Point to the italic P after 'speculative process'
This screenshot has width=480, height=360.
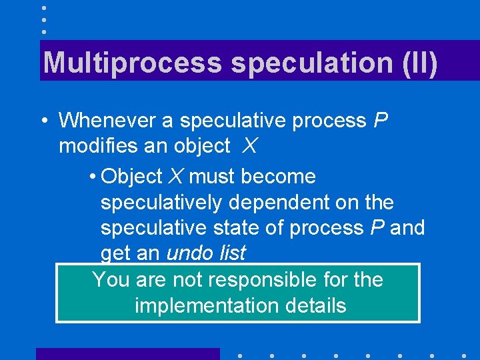(381, 121)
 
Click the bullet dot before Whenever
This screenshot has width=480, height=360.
(42, 121)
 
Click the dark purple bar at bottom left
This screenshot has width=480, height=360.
(127, 354)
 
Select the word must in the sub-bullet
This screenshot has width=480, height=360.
(212, 177)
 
